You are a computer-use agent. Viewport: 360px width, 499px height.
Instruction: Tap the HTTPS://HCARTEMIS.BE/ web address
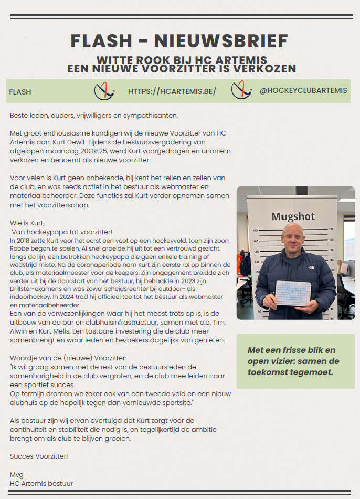coord(172,91)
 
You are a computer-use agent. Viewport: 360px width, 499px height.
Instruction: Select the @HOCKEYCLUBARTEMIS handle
coord(303,91)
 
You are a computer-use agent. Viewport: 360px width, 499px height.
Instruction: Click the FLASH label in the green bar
coord(20,92)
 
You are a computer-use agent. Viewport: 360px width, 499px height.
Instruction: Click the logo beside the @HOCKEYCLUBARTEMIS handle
coord(241,91)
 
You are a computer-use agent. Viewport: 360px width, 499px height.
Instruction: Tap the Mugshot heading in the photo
coord(295,216)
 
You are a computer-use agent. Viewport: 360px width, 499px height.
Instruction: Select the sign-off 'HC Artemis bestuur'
coord(41,483)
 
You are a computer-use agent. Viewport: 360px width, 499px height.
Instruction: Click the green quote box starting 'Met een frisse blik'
coord(295,361)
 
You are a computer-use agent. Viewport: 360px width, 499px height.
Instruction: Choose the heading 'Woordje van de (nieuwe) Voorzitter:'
coord(68,358)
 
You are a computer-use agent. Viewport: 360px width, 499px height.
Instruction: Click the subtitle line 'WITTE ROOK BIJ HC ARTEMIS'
coord(182,59)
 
